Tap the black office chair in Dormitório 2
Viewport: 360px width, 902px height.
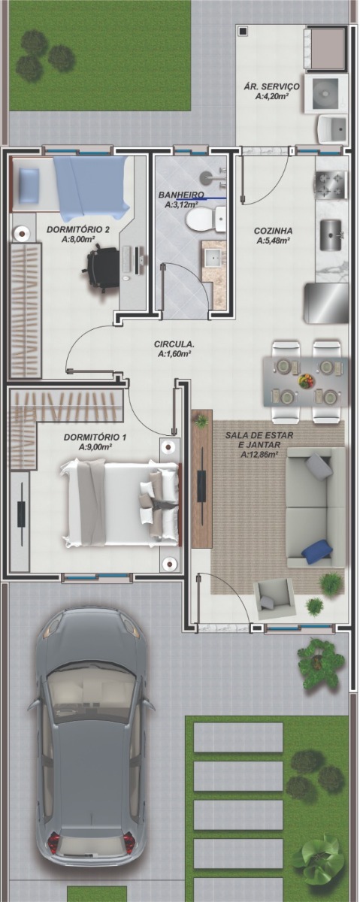pos(101,267)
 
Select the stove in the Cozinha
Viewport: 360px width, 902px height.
pos(331,185)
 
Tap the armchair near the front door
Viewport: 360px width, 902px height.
pos(274,599)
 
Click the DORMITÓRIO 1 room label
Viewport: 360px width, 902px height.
pos(95,437)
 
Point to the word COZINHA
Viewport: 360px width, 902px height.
pos(273,232)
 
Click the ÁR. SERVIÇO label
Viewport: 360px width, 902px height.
pos(271,86)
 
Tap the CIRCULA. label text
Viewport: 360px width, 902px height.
pos(174,345)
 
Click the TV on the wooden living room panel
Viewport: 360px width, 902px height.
pos(201,486)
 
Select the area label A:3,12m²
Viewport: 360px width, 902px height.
pos(181,205)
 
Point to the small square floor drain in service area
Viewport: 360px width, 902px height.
pos(243,31)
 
